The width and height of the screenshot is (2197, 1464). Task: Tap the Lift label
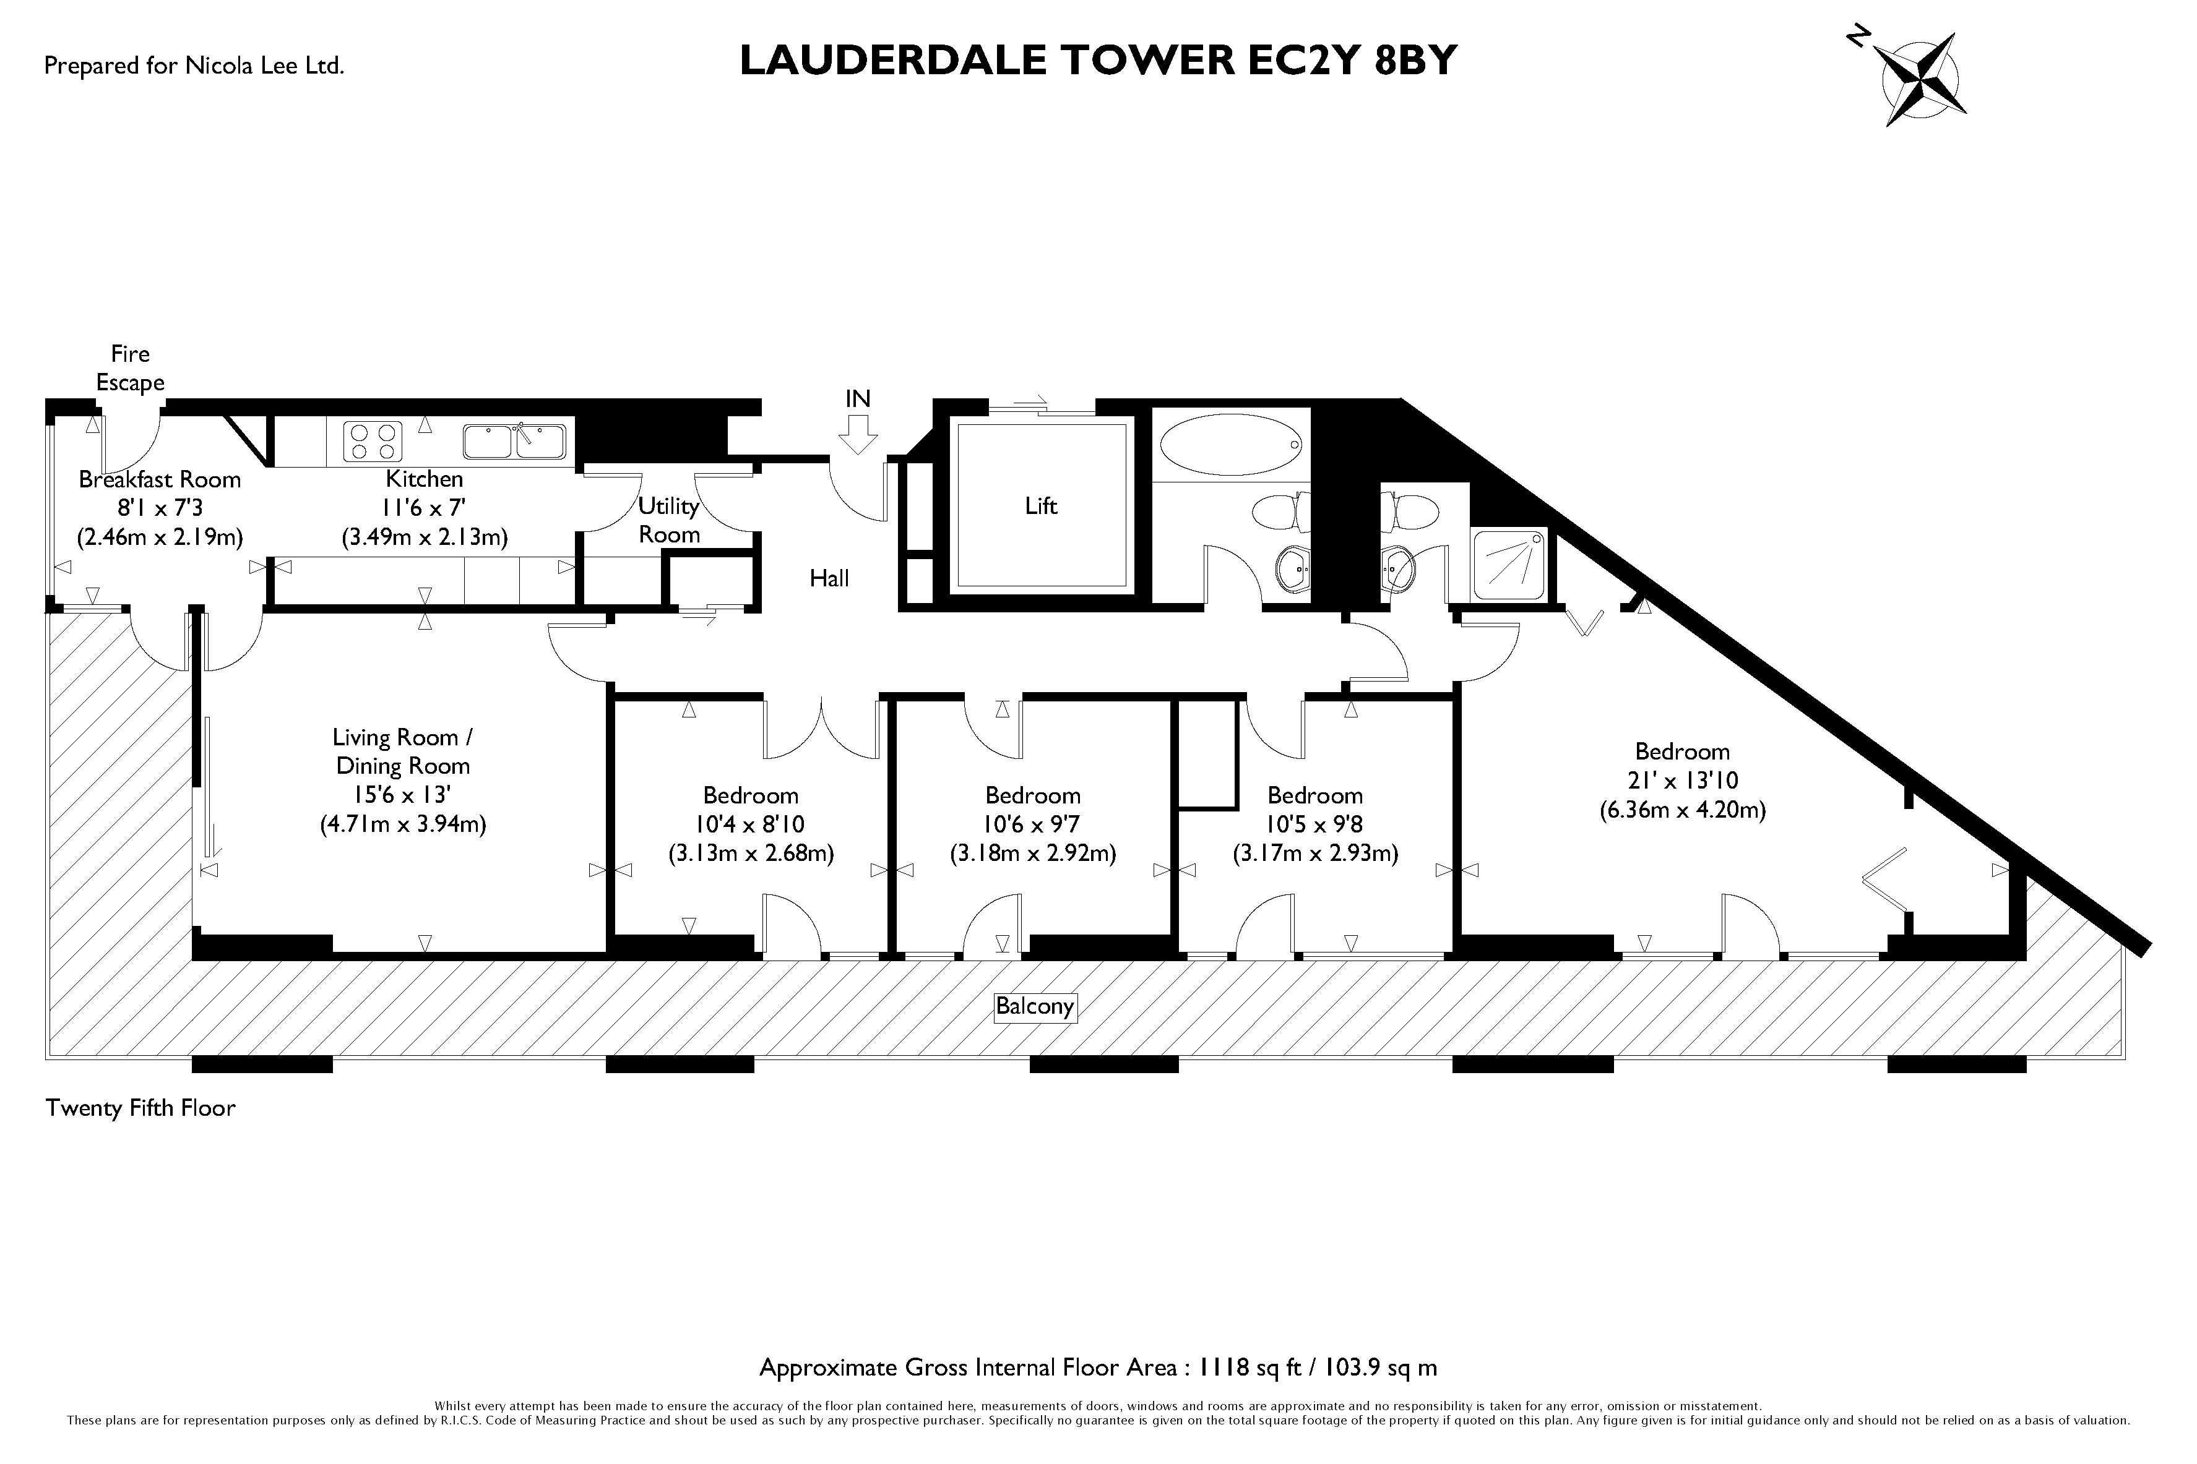[x=1040, y=506]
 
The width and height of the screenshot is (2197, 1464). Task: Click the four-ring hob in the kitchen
[x=373, y=441]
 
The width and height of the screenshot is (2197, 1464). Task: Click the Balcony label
[x=1034, y=1006]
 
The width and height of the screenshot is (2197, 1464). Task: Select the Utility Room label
[x=669, y=520]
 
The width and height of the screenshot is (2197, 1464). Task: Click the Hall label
[x=829, y=579]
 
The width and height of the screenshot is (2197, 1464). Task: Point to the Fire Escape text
[x=130, y=368]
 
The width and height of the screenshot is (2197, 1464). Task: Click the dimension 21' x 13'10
[x=1681, y=781]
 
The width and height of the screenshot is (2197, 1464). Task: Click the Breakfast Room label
[x=160, y=480]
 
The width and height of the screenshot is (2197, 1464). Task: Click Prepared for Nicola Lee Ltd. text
[x=194, y=66]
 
